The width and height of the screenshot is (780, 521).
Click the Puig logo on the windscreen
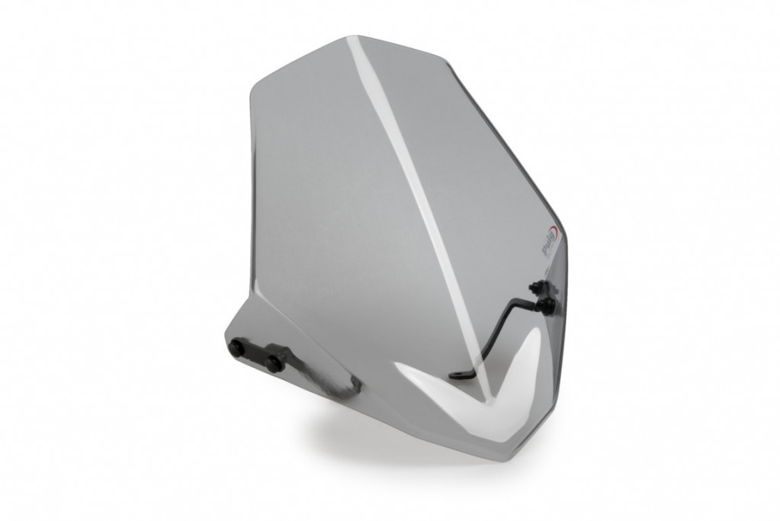click(x=547, y=246)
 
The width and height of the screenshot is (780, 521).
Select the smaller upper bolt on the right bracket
click(x=534, y=288)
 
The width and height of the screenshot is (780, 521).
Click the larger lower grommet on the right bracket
click(x=547, y=306)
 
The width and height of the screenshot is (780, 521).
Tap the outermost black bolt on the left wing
click(x=237, y=349)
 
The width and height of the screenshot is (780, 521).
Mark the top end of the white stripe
click(x=352, y=40)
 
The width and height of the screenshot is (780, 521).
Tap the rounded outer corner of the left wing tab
click(x=229, y=336)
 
